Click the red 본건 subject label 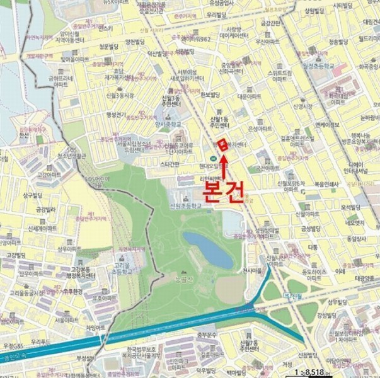222,190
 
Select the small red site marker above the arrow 222,144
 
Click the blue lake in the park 208,249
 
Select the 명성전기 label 117,114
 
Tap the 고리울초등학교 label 122,269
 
